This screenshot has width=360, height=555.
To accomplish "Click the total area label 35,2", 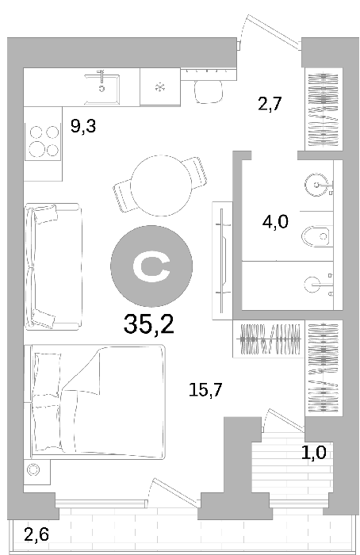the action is click(148, 324).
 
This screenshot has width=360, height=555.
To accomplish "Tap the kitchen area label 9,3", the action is click(83, 126).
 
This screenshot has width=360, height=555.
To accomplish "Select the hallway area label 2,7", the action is click(270, 104).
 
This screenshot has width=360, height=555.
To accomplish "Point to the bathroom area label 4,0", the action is click(275, 222).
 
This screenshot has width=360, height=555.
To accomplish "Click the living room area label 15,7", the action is click(205, 390).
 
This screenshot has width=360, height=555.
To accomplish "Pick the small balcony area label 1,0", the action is click(314, 453).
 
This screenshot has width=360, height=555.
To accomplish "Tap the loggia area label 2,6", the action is click(36, 534).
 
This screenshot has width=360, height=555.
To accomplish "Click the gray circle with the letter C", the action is click(151, 266).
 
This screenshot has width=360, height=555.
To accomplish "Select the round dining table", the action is click(161, 186).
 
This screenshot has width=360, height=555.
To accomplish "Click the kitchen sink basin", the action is click(101, 89).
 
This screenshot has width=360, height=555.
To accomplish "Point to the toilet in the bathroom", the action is click(317, 236).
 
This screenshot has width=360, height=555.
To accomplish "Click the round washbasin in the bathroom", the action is click(317, 185).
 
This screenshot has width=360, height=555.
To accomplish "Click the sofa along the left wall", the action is click(53, 267).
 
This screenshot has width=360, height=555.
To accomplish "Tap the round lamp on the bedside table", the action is click(33, 470).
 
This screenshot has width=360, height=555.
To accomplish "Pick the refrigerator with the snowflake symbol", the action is click(160, 86).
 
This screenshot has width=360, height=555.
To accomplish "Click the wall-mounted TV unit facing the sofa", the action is click(222, 261).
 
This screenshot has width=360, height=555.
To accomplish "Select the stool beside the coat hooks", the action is click(209, 91).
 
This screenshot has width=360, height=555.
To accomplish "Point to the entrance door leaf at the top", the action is click(273, 30).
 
